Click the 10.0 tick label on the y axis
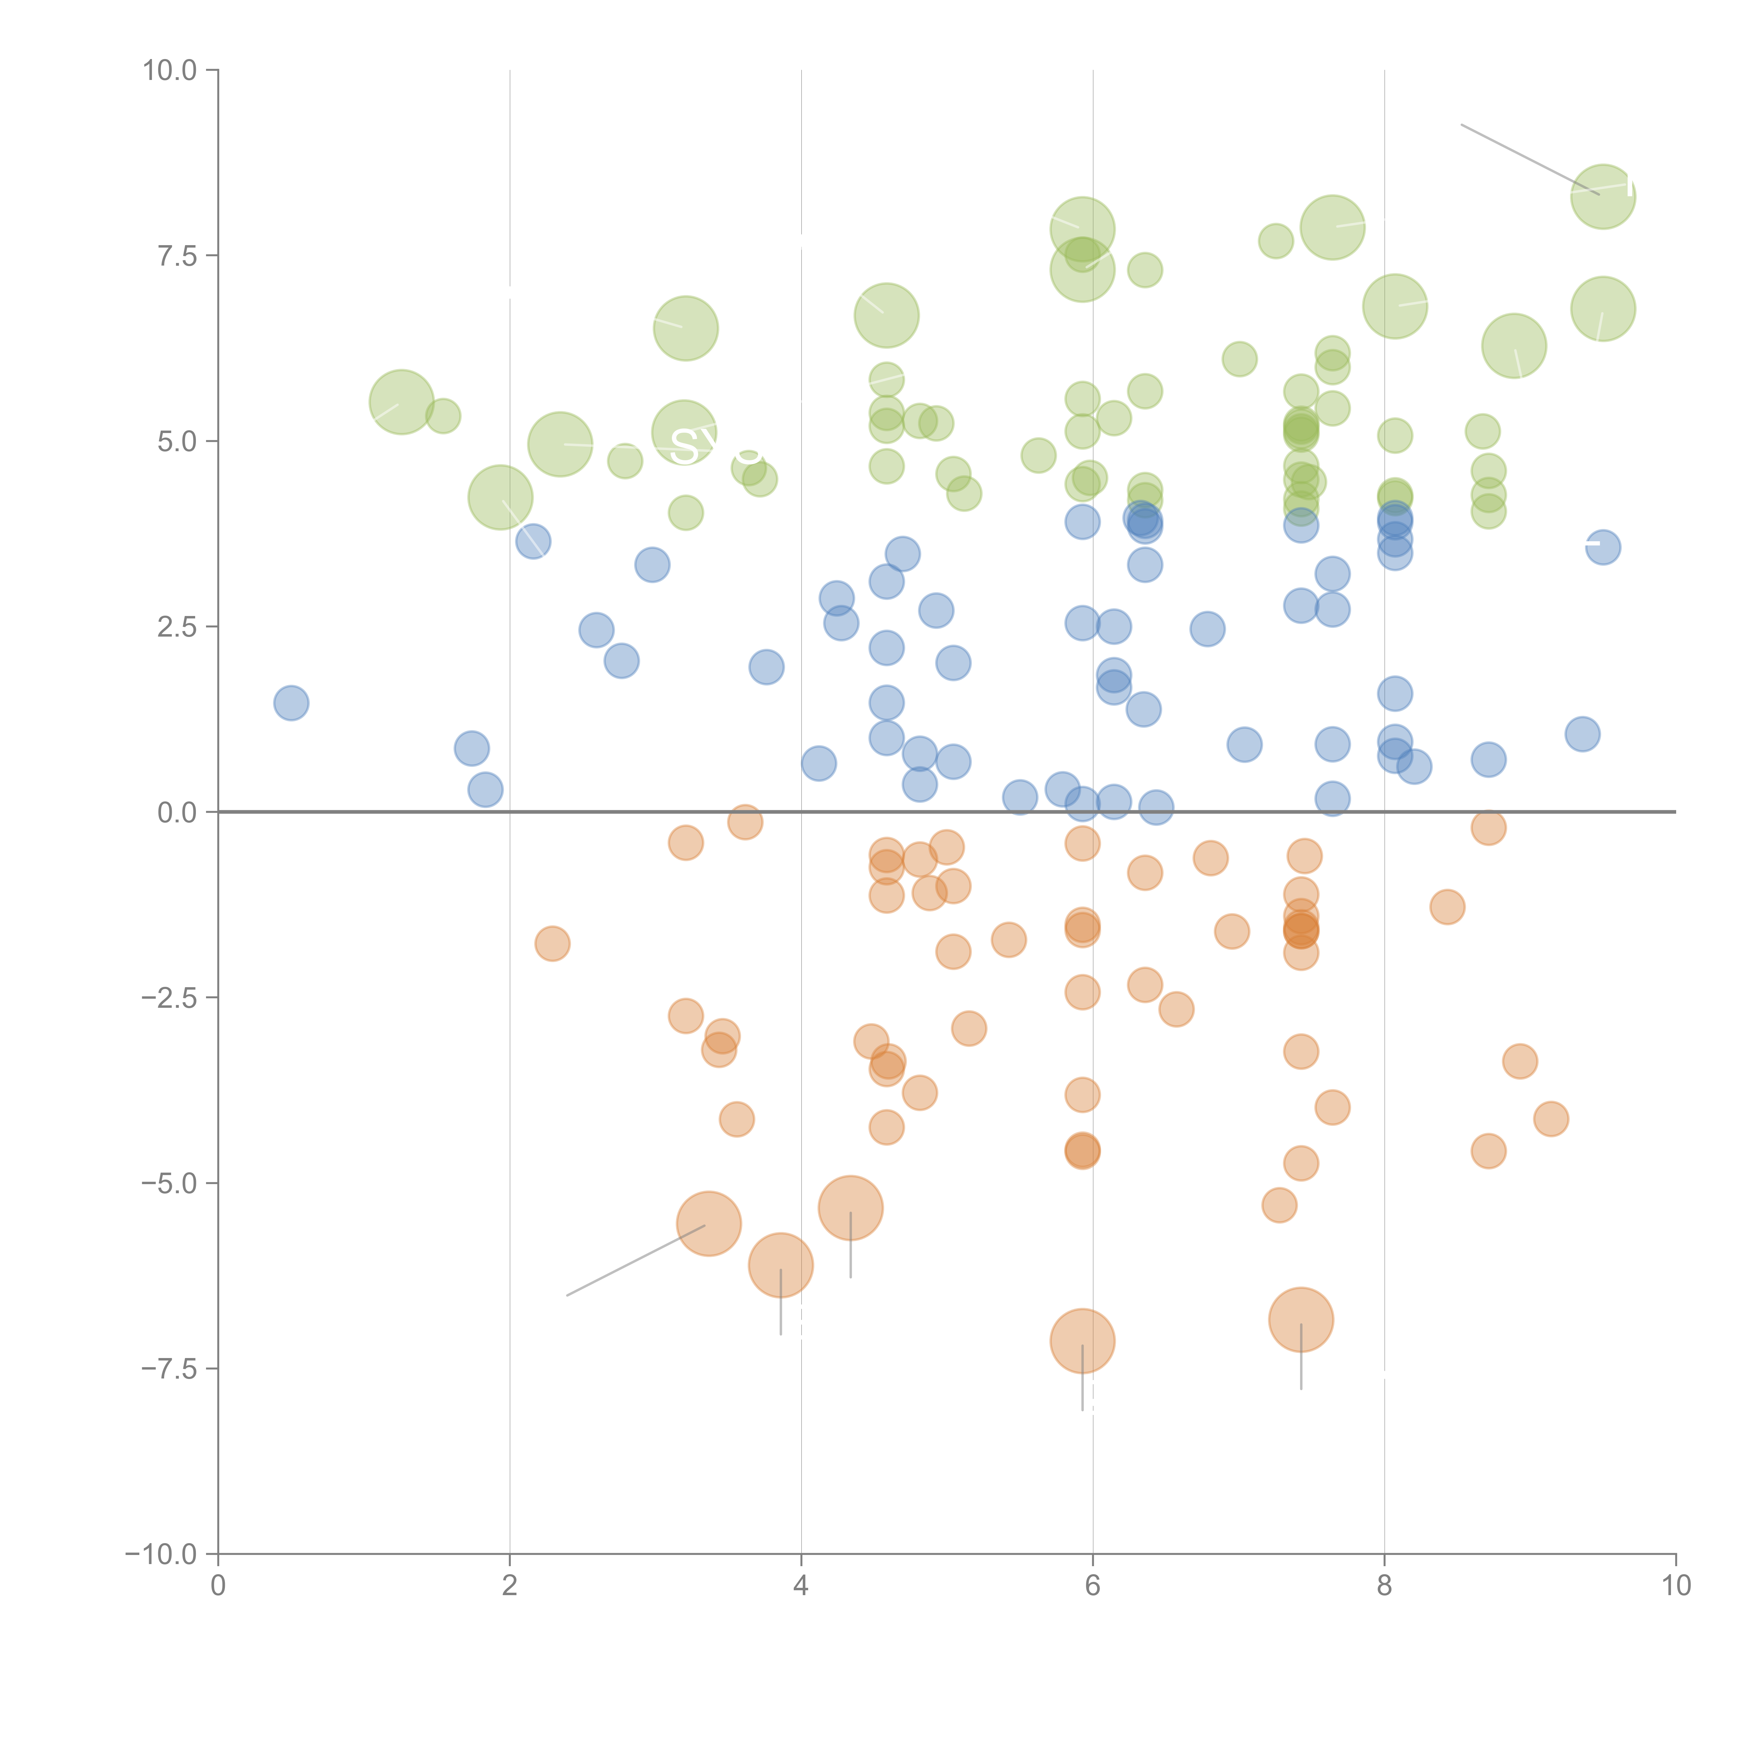tap(169, 71)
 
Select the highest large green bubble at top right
tap(1602, 197)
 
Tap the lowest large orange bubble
tap(1082, 1341)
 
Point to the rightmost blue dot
tap(1602, 547)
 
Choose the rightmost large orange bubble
tap(1300, 1319)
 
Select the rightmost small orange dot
tap(1551, 1119)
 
